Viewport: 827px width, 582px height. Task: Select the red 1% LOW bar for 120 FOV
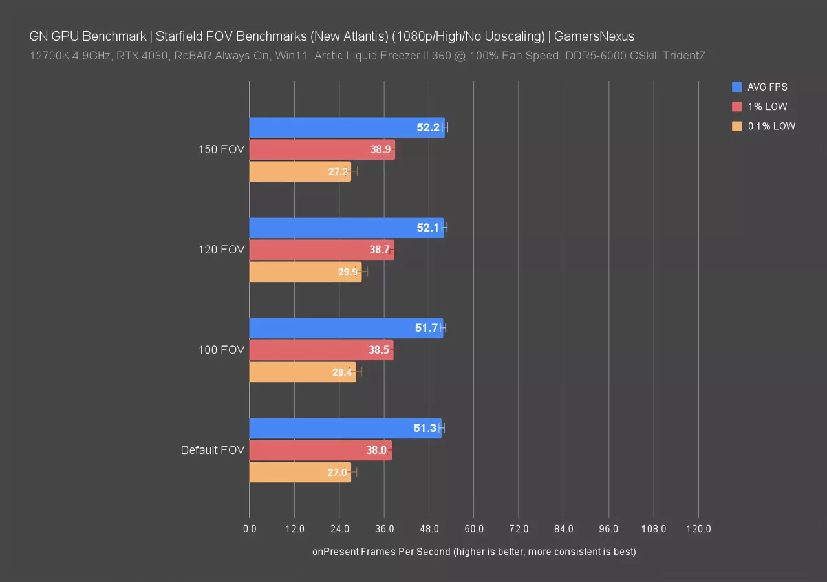[x=321, y=250]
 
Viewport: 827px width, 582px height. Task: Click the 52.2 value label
[x=428, y=127]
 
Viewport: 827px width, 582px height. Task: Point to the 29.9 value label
[x=348, y=272]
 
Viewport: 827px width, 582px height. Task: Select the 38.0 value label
[x=376, y=451]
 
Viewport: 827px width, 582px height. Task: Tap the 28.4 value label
[x=341, y=372]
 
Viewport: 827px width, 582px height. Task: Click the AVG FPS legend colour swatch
[x=736, y=87]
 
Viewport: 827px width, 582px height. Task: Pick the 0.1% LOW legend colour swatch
[x=736, y=126]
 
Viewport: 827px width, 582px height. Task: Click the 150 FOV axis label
[x=222, y=150]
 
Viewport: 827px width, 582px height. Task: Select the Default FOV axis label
[x=213, y=451]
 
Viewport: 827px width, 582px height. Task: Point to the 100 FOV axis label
[x=222, y=350]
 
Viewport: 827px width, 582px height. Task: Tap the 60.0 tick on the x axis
[x=474, y=529]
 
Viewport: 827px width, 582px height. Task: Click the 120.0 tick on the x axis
[x=698, y=529]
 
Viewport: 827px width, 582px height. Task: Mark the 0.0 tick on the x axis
[x=250, y=529]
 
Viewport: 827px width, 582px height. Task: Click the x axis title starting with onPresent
[x=474, y=552]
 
